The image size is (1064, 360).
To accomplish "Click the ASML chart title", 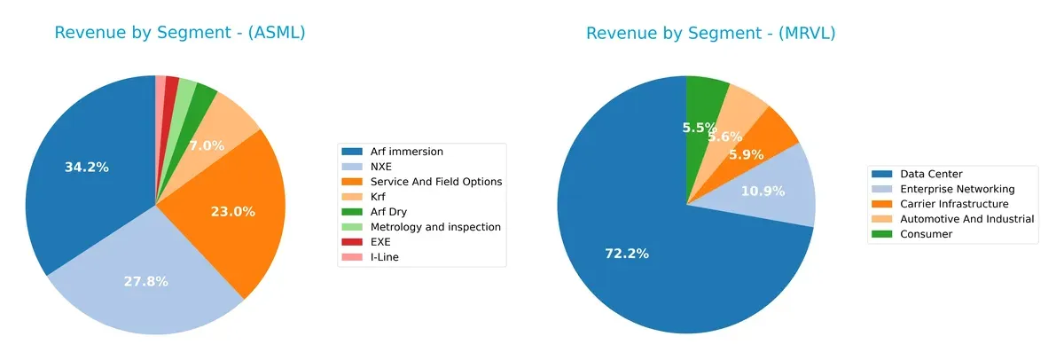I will (x=180, y=34).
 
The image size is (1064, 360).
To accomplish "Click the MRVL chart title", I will (x=710, y=34).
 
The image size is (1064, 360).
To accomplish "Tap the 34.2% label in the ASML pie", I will (x=87, y=167).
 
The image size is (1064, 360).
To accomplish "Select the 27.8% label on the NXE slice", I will (x=146, y=281).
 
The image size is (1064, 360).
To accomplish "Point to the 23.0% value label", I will (x=233, y=211).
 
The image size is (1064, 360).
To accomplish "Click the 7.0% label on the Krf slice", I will (x=207, y=145).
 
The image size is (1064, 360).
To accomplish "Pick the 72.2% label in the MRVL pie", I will (x=627, y=254).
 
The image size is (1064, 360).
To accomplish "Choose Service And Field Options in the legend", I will (x=435, y=182).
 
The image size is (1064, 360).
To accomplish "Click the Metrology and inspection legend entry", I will (x=434, y=227).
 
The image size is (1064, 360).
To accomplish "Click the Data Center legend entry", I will (x=930, y=174).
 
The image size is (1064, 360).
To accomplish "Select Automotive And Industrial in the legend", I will (x=966, y=219).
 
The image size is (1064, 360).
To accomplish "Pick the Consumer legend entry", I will (x=927, y=234).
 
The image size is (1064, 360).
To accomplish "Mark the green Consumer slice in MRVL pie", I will (x=706, y=98).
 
